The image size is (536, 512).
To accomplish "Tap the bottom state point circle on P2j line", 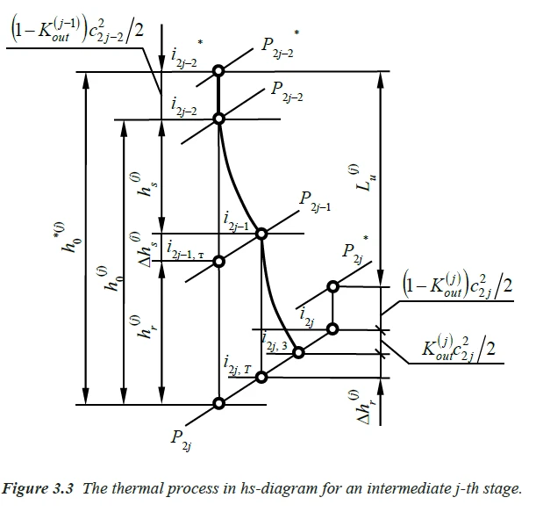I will pos(219,403).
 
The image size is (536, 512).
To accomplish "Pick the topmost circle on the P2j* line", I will pos(332,286).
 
